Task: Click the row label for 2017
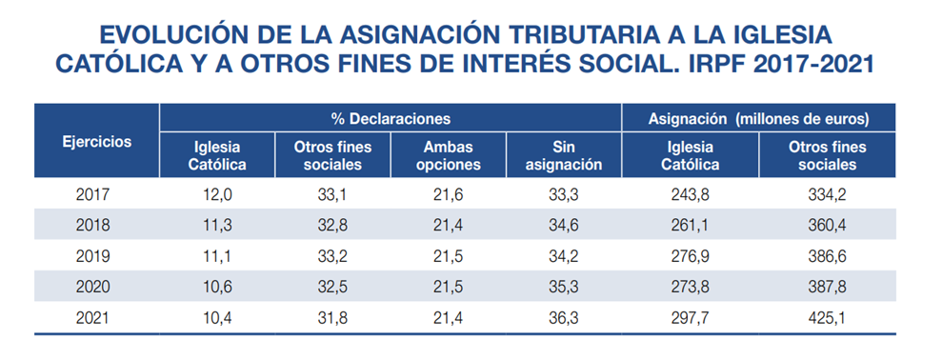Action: tap(92, 195)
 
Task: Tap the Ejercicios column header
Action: tap(96, 142)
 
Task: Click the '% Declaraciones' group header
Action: tap(391, 119)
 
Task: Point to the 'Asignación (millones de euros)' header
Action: tap(758, 119)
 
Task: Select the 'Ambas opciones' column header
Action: tap(447, 155)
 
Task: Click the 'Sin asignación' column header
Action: tap(564, 155)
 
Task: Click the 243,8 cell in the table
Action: tap(690, 195)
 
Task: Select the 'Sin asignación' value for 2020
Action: tap(564, 287)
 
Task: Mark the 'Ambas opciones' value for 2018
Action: tap(447, 226)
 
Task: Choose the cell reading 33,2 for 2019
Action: tap(332, 256)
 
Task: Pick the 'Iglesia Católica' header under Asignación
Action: tap(690, 155)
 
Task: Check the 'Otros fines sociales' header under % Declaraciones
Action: tap(332, 155)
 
